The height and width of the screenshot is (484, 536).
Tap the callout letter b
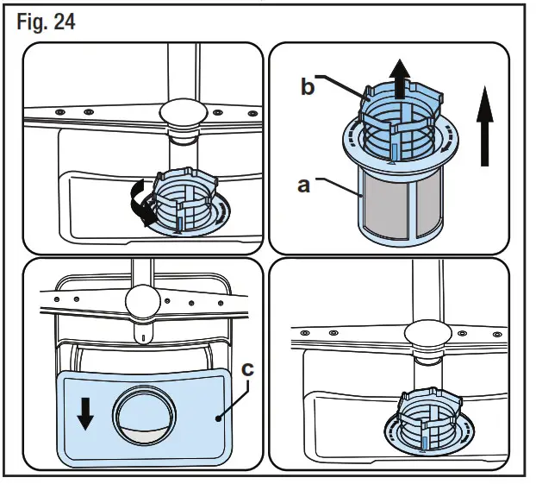[x=308, y=88]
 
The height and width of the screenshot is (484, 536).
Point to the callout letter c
[x=247, y=368]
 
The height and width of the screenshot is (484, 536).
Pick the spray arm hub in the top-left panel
[x=183, y=113]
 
